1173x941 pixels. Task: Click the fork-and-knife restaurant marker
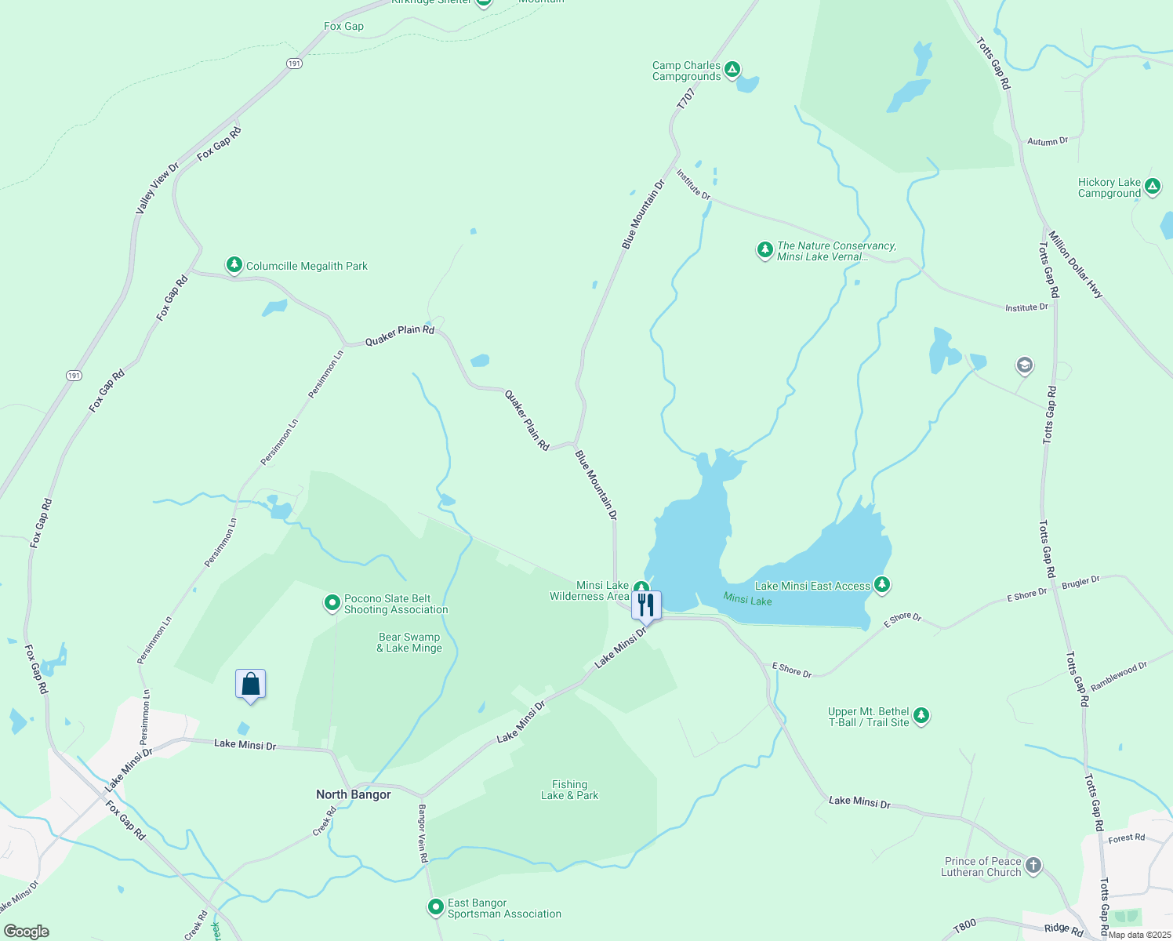point(646,605)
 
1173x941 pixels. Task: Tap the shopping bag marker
point(250,684)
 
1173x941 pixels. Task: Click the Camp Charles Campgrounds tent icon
point(732,70)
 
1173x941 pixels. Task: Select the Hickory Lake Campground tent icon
point(1152,187)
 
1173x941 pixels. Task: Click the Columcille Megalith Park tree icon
point(234,265)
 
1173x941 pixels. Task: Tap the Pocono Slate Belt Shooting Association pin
point(332,603)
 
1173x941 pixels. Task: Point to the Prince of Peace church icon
point(1033,866)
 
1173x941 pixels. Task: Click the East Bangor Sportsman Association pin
point(436,907)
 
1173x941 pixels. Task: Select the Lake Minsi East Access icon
point(882,585)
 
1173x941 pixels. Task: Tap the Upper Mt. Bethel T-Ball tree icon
point(921,716)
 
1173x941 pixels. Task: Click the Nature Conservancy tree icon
point(764,250)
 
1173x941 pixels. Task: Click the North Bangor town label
point(353,794)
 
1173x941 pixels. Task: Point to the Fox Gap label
point(343,26)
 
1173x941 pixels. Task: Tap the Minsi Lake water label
point(747,600)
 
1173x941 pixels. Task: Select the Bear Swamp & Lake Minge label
point(409,642)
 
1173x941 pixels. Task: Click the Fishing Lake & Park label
point(569,790)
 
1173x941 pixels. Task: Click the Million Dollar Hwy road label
point(1075,265)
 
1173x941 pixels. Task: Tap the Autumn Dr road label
point(1048,142)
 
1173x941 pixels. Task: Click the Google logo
point(27,932)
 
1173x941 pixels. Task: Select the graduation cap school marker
point(1024,365)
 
